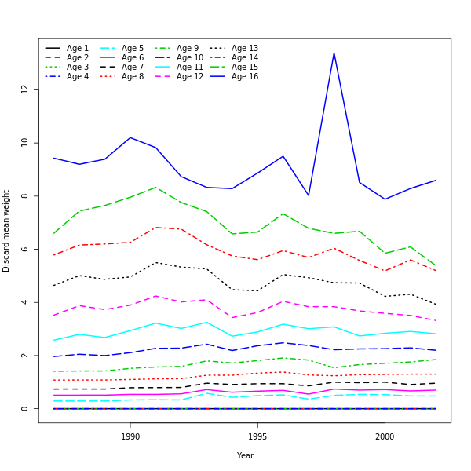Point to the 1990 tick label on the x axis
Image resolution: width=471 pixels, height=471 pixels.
click(130, 436)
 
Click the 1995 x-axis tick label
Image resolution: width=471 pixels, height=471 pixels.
click(257, 436)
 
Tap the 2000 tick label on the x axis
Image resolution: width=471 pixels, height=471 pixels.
click(385, 436)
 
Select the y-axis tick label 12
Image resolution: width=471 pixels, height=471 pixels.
click(24, 89)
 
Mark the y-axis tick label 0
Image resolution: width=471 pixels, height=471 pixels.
click(24, 409)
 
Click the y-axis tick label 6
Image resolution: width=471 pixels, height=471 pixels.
click(24, 249)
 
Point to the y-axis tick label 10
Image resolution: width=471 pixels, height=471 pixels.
click(24, 143)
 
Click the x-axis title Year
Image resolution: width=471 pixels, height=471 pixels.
click(245, 455)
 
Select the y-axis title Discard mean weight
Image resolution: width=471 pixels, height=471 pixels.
click(6, 231)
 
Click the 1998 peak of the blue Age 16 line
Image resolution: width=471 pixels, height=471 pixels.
click(334, 53)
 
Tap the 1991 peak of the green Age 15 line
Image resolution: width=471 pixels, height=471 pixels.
click(155, 187)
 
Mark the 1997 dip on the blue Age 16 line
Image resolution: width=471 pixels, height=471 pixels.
click(309, 195)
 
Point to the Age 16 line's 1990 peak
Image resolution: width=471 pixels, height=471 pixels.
click(130, 137)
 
